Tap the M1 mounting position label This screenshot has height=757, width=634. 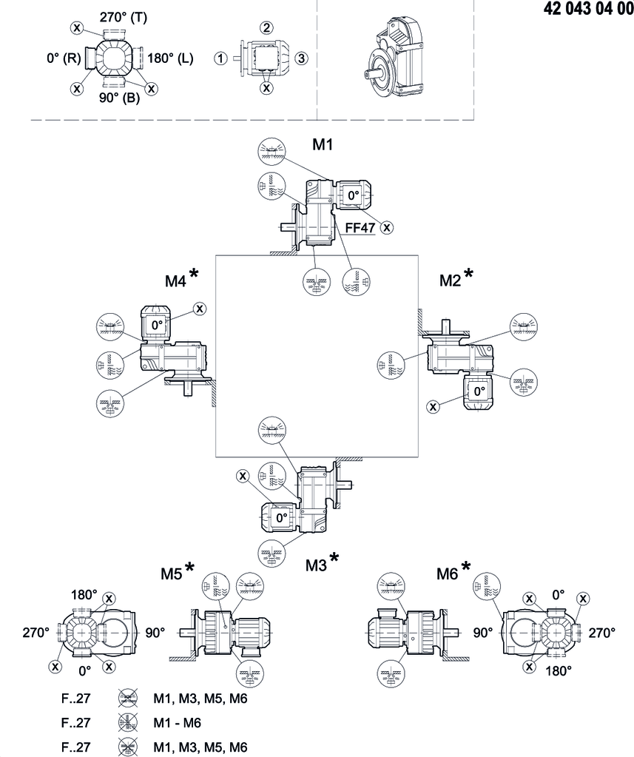[323, 145]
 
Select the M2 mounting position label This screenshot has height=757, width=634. [450, 280]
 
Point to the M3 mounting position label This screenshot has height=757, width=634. [317, 565]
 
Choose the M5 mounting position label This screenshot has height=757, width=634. [172, 573]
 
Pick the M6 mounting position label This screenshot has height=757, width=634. [448, 573]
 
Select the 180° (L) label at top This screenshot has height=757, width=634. [170, 58]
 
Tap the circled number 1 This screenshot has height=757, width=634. [220, 58]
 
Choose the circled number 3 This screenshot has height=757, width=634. [301, 58]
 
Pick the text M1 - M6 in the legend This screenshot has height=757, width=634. [178, 722]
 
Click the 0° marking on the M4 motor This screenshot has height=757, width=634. [158, 324]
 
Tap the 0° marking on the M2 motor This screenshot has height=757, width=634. [479, 390]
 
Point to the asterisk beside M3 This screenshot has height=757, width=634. [334, 556]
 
